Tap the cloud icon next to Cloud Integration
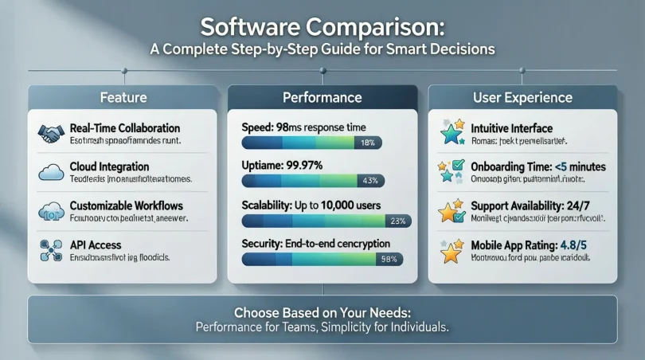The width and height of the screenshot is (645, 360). pos(50,172)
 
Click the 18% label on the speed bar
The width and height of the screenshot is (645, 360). pos(367,143)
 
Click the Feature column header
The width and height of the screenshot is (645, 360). pos(122,98)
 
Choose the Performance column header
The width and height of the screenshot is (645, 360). pos(322,98)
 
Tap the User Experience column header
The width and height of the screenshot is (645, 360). pos(522,98)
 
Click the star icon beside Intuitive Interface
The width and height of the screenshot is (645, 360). pos(451,132)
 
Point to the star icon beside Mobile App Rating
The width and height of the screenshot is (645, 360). pos(451,252)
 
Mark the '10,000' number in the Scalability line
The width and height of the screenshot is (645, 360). pos(338,205)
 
